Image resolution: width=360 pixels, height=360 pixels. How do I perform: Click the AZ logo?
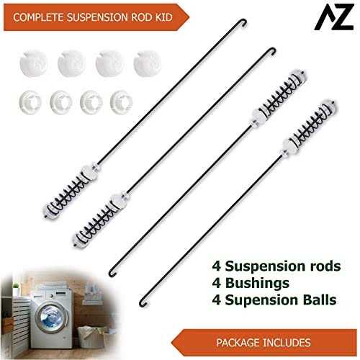coord(334,17)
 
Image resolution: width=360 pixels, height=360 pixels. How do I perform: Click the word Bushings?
coord(257,284)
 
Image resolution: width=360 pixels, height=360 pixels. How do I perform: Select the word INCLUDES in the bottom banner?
coord(287,343)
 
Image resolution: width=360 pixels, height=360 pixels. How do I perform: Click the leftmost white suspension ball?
coord(33,63)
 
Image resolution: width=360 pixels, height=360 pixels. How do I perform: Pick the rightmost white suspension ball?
coord(147,63)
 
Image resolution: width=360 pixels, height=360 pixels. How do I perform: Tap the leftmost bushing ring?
coord(30,102)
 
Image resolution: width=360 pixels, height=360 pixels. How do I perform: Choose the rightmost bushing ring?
coord(121,102)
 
